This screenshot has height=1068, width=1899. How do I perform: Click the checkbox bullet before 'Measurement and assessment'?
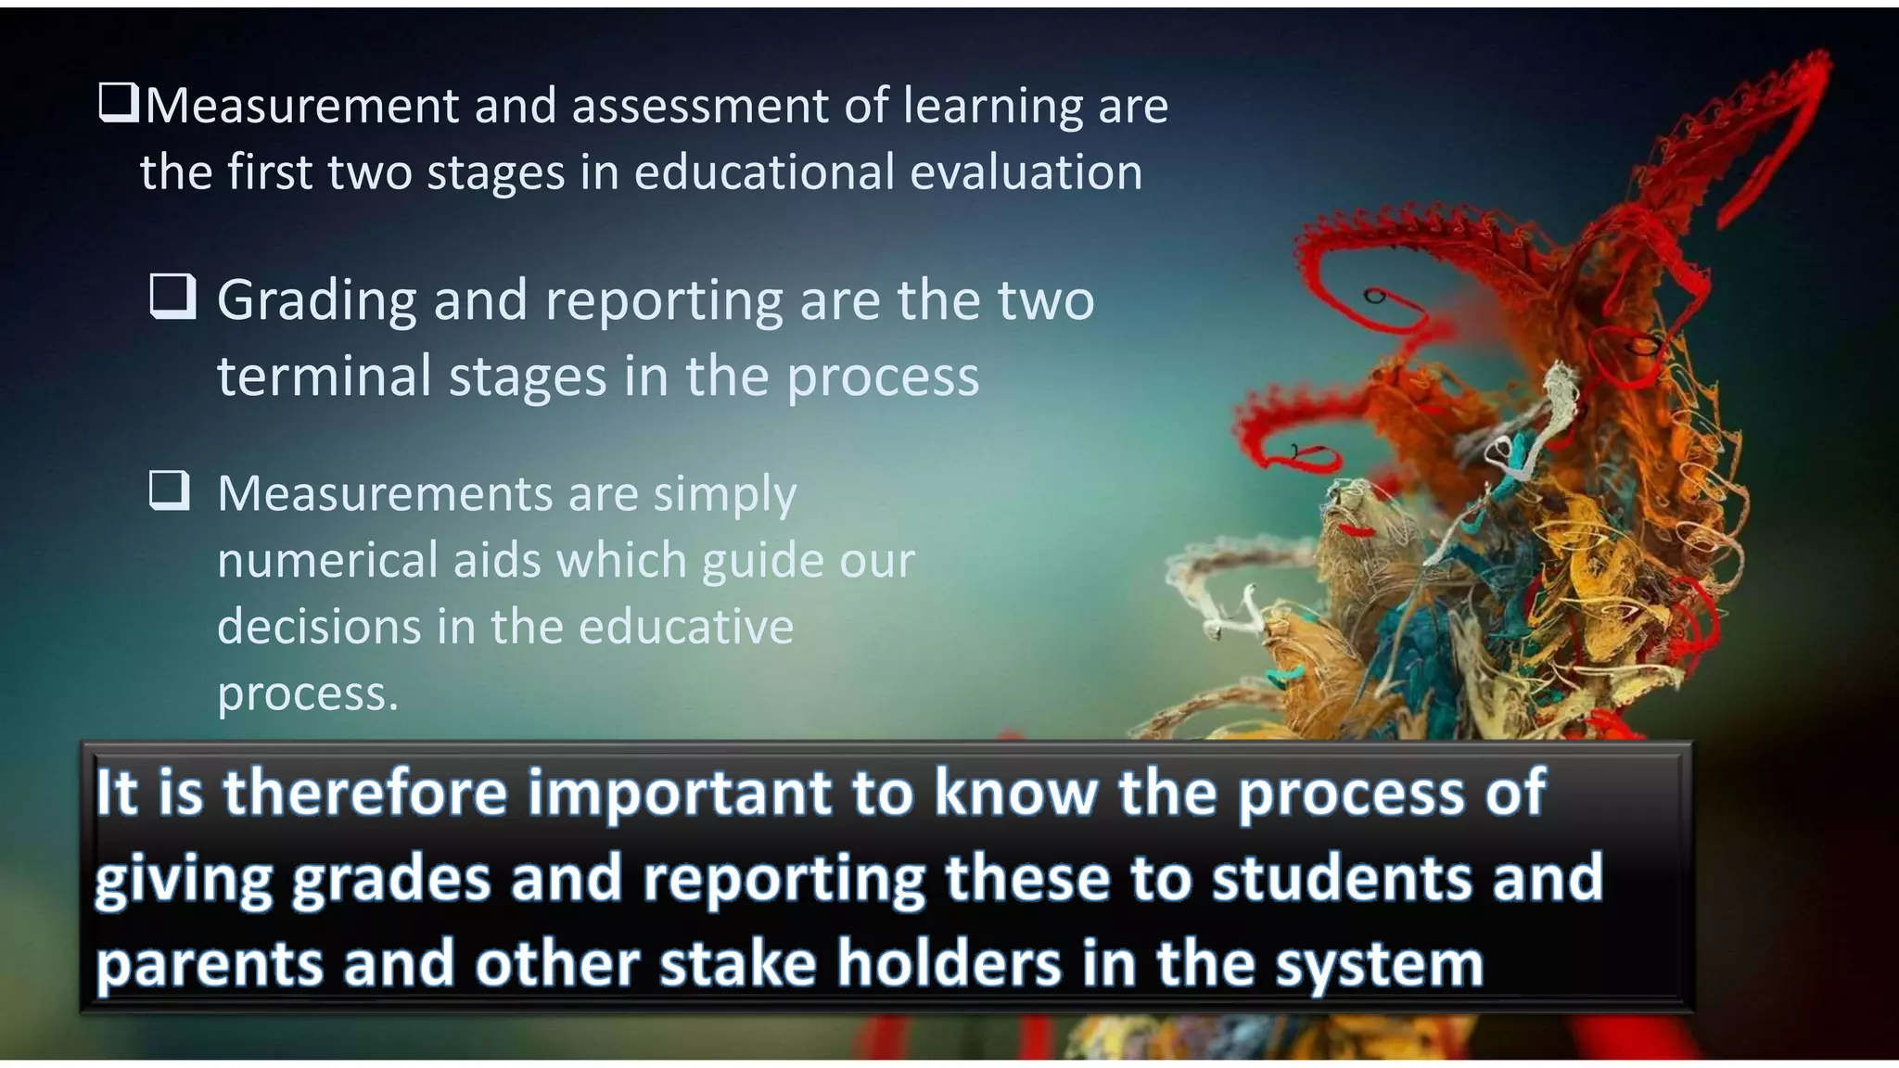coord(119,103)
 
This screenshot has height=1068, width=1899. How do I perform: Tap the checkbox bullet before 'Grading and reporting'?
coord(172,297)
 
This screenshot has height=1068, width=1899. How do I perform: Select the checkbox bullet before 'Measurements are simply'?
coord(170,490)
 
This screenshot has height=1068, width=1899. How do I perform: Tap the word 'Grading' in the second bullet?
coord(317,302)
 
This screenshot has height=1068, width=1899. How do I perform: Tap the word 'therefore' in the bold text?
coord(366,793)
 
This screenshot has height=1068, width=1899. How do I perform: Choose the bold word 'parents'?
coord(210,965)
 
